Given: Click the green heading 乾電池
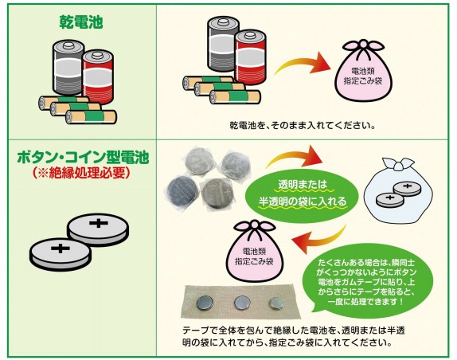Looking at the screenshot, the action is tap(81, 22).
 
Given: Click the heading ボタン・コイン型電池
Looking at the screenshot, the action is tap(83, 158).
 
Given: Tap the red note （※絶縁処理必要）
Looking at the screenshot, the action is tap(81, 173).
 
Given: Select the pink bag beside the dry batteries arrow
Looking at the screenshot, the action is tap(363, 72).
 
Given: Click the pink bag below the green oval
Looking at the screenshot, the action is tap(255, 251).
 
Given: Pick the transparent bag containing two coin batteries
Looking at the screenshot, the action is tap(395, 190).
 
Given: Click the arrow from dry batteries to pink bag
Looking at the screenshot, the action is tap(303, 65).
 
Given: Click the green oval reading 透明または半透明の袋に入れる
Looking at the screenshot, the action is tap(302, 194).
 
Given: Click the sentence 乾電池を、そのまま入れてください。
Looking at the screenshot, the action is tap(302, 126).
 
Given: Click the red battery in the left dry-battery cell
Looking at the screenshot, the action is tap(98, 77).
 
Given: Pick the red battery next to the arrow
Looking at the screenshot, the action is tap(251, 57).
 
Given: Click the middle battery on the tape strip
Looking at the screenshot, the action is tap(242, 303).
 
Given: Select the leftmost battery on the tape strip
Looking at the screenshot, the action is tap(205, 303).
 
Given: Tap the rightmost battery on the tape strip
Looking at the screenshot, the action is tap(275, 303).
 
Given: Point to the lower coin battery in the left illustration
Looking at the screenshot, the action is tap(61, 253).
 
